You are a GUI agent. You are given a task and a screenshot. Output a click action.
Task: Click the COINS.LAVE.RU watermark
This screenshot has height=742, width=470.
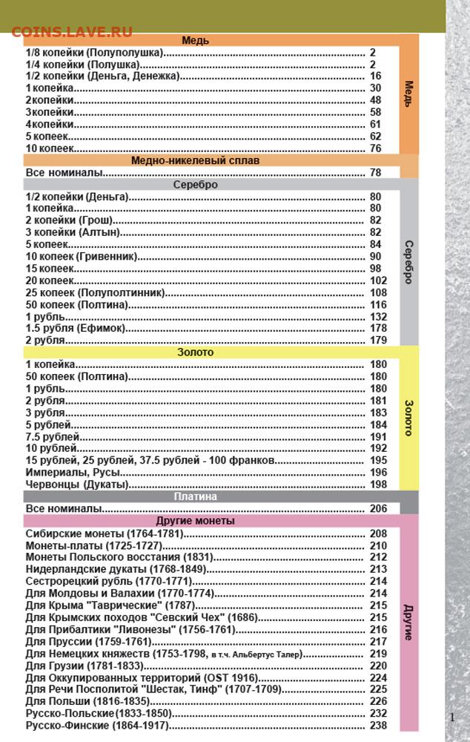72,31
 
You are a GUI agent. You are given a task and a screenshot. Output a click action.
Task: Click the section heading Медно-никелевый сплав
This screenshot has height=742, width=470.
195,160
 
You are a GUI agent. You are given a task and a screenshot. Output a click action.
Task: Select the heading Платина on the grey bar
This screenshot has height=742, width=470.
195,496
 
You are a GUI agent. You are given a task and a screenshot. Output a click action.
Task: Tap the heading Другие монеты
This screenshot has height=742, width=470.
195,521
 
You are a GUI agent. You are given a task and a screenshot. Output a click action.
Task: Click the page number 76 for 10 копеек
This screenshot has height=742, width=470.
375,148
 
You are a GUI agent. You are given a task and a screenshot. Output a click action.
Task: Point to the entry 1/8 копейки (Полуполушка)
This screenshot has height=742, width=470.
94,53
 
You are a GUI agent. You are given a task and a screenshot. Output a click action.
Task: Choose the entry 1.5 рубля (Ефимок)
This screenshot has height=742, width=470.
76,328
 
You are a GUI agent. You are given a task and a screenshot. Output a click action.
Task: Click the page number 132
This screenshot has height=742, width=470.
378,316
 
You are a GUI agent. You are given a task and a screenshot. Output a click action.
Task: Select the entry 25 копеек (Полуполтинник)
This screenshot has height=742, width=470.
95,292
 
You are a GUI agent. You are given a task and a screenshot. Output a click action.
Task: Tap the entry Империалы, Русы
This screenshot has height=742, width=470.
73,473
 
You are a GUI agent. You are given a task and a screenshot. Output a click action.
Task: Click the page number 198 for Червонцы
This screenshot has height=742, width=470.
378,485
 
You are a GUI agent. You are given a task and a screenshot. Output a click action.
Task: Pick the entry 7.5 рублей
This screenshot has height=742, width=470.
52,437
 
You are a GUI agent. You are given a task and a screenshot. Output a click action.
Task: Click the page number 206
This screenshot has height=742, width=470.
378,509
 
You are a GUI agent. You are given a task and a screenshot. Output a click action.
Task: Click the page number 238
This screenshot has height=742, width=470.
378,725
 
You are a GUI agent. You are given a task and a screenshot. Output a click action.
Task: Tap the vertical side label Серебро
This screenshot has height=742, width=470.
408,261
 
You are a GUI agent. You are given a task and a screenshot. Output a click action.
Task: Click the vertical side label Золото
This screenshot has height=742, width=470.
408,417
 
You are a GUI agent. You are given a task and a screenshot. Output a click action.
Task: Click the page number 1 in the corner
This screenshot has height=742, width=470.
452,717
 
